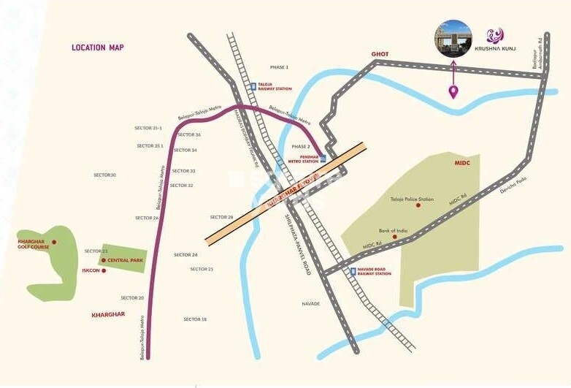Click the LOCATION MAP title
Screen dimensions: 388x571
pos(98,47)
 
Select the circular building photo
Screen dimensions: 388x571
pos(453,38)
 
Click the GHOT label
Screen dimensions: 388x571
pos(380,54)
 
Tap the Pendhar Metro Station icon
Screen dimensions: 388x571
pos(323,157)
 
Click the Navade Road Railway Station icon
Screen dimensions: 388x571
pos(353,272)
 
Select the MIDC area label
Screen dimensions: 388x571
pos(461,163)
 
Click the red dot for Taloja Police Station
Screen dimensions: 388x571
pos(418,205)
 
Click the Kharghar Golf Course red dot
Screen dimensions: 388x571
pos(54,242)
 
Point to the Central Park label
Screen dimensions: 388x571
pos(123,260)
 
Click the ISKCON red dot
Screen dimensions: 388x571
pos(104,270)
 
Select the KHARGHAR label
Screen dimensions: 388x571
pos(109,314)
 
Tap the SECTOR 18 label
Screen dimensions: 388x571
pos(195,319)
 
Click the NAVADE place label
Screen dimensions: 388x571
pos(311,303)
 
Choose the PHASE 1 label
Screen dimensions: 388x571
pos(279,67)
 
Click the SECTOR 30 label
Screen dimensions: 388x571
pos(105,175)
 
